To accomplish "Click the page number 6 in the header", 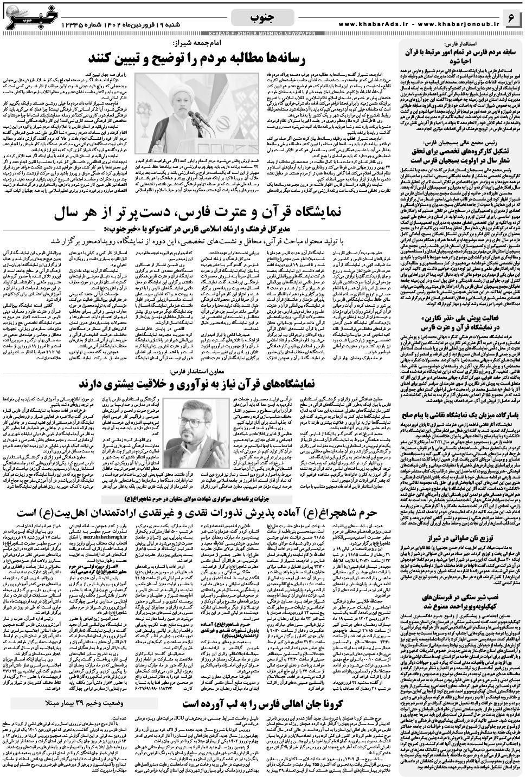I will click(x=511, y=18).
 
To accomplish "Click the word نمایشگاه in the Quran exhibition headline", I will click(x=326, y=199).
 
